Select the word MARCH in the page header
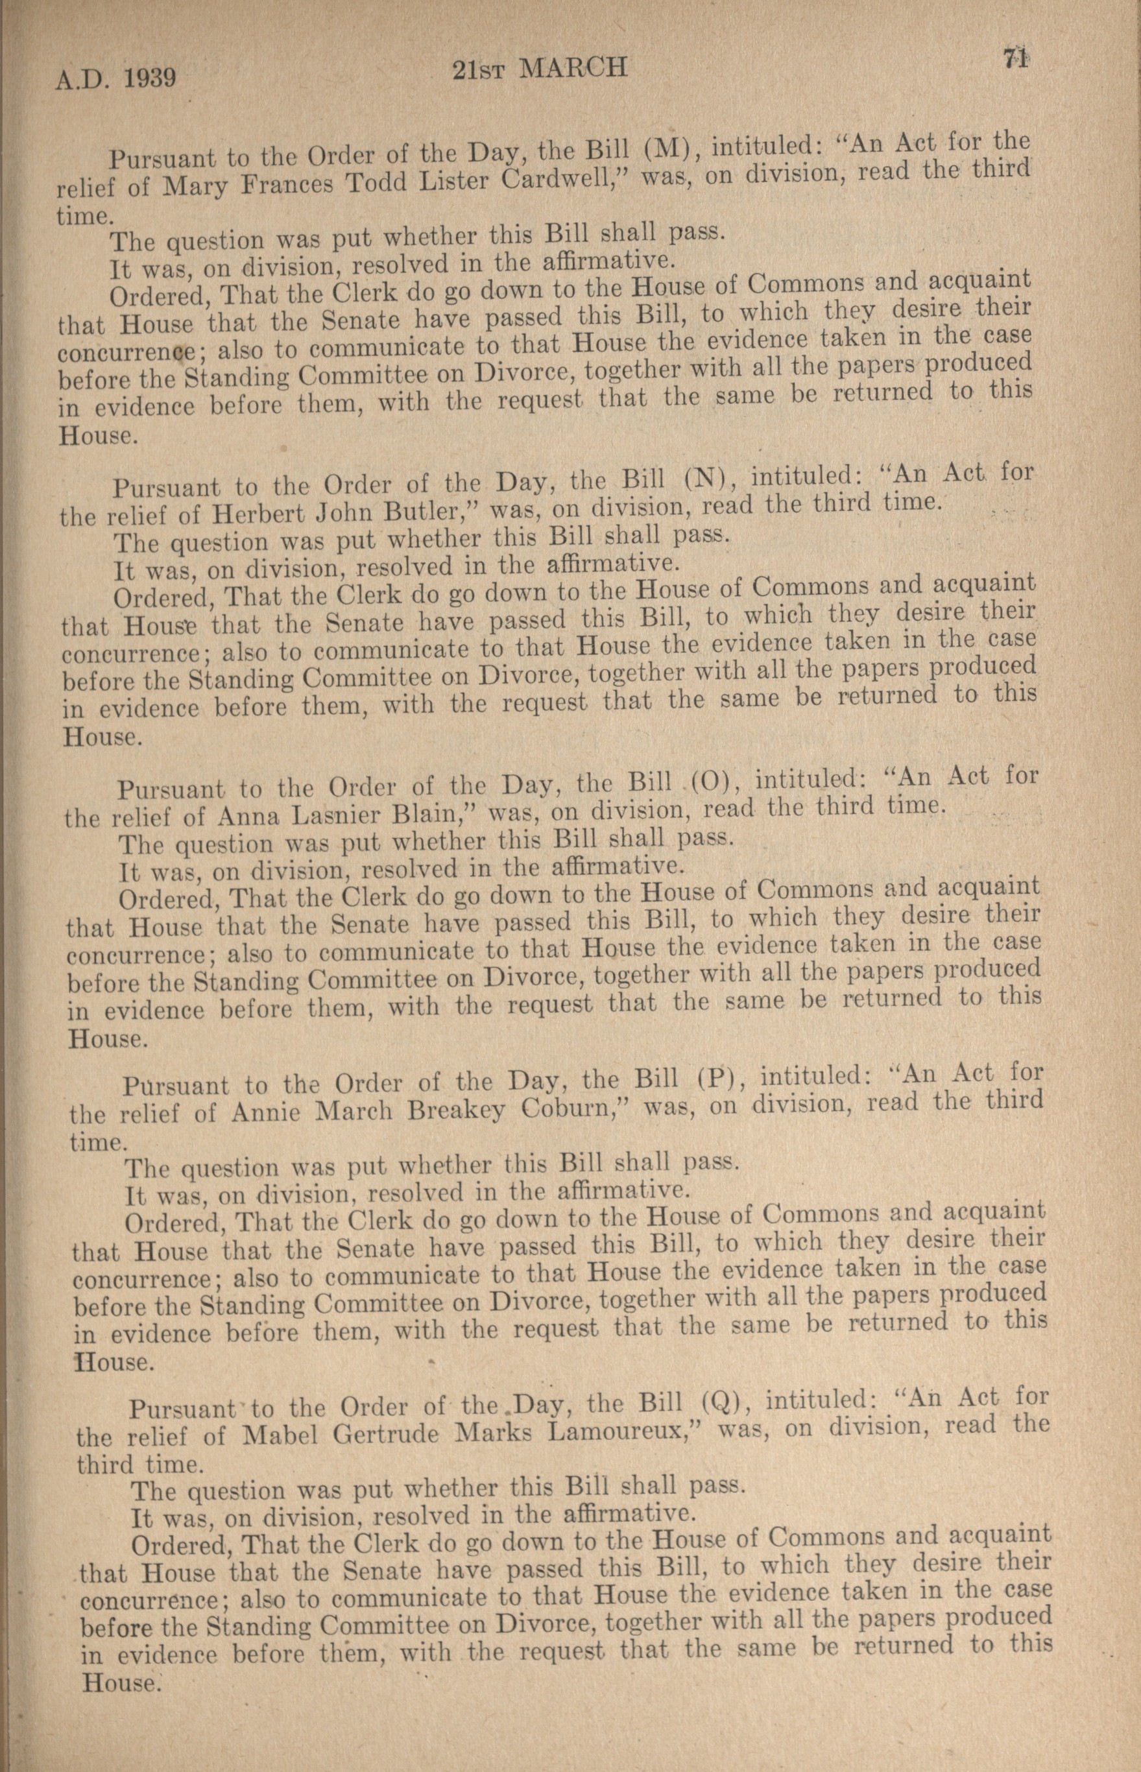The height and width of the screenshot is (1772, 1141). click(x=574, y=69)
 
